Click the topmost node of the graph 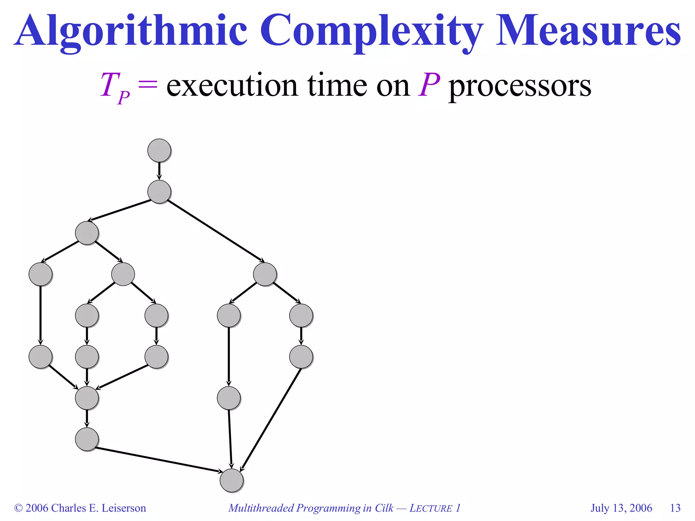click(159, 150)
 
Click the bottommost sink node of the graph click(231, 480)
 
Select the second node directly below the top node click(159, 192)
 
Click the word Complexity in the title click(372, 31)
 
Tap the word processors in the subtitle click(520, 86)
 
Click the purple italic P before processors click(429, 85)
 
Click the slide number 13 click(675, 508)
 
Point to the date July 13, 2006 click(621, 508)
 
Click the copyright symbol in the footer click(18, 508)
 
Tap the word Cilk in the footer click(384, 508)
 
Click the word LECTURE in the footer click(431, 508)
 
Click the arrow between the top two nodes click(159, 171)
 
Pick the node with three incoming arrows click(87, 398)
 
